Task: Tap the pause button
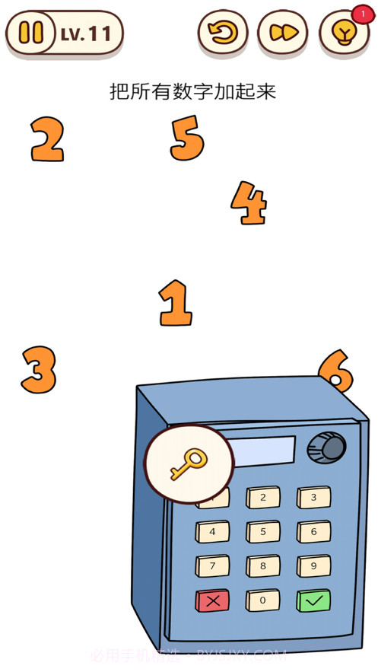[31, 33]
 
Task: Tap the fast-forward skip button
[282, 33]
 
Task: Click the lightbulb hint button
[343, 33]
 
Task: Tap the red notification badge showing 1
[363, 14]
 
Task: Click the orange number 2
[47, 140]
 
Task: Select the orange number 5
[187, 139]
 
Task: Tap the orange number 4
[249, 203]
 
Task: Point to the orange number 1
[176, 303]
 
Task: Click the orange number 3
[39, 370]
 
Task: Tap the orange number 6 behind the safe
[335, 371]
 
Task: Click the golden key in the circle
[188, 463]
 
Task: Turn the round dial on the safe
[326, 448]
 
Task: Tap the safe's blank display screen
[263, 451]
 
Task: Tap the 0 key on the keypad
[262, 600]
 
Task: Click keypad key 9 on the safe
[313, 566]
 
